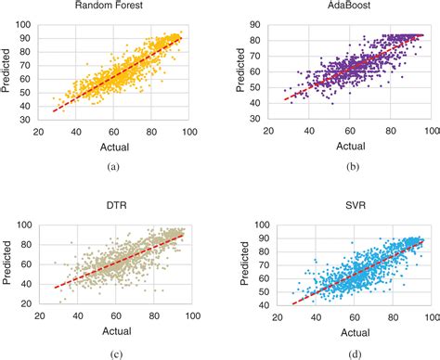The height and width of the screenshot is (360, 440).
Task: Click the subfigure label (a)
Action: coord(113,166)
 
